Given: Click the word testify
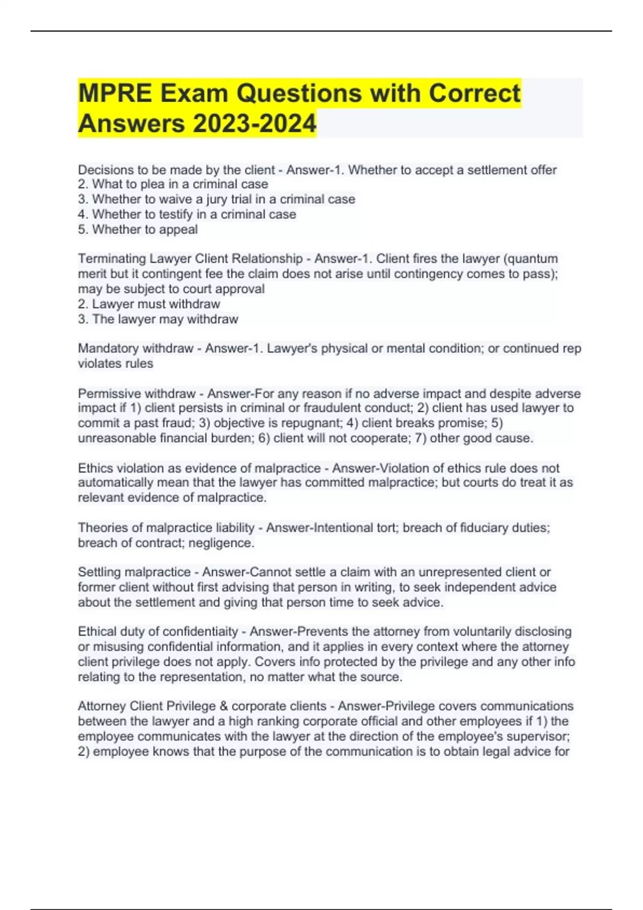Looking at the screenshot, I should [x=176, y=214].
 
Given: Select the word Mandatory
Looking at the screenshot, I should [x=109, y=348].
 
